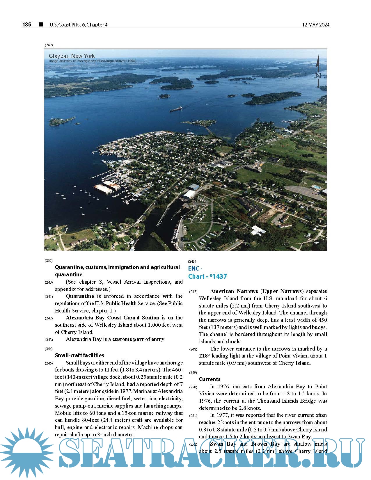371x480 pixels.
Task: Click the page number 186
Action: [x=26, y=25]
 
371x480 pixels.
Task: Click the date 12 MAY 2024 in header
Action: [x=316, y=25]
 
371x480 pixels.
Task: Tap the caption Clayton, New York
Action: [x=72, y=56]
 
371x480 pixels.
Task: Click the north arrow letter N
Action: [x=318, y=76]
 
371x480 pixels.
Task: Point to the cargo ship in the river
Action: [x=176, y=109]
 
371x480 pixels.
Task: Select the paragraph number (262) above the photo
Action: [x=49, y=45]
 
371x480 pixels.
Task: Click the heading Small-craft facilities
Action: [x=79, y=355]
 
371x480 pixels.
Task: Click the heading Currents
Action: [x=210, y=379]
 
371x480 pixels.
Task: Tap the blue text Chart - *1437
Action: [x=207, y=276]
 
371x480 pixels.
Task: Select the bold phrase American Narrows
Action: [x=234, y=291]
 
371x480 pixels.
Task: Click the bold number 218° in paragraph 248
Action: [x=204, y=356]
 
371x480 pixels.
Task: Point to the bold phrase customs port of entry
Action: [x=139, y=339]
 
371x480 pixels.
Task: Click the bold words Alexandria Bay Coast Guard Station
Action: [x=112, y=318]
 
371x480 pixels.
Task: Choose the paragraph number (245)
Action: [x=49, y=363]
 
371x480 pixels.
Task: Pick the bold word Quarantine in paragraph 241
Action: [x=80, y=296]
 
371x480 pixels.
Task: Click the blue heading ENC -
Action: [x=195, y=269]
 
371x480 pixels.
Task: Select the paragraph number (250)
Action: [x=193, y=387]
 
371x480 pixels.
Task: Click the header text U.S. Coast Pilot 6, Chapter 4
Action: [x=78, y=25]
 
